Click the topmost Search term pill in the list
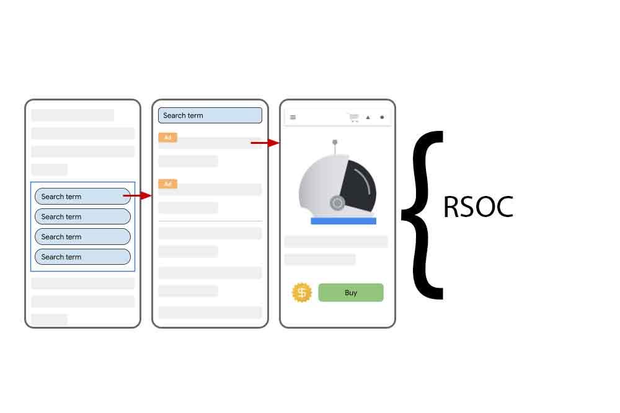[82, 196]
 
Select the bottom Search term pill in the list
[82, 257]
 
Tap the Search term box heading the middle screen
[210, 115]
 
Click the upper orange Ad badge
[167, 137]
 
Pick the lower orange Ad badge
[167, 184]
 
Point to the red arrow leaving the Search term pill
[137, 195]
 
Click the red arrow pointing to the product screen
[265, 143]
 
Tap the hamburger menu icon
[293, 117]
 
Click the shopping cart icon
[354, 117]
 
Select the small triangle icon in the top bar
[368, 117]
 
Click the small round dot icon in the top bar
[382, 117]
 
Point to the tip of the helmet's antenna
[335, 142]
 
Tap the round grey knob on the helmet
[337, 203]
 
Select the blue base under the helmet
[343, 221]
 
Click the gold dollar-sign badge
[302, 293]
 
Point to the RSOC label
[479, 207]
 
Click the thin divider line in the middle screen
[210, 221]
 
